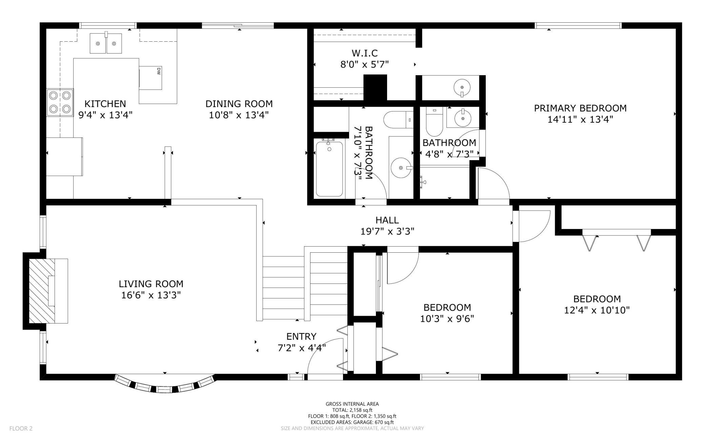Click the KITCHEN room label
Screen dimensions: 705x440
(x=105, y=104)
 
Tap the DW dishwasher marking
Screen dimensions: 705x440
(x=158, y=71)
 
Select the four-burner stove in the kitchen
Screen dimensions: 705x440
(x=60, y=102)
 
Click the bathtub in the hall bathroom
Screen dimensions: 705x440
(x=329, y=169)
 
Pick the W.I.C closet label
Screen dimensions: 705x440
(x=364, y=53)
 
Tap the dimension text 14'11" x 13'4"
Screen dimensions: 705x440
(x=580, y=120)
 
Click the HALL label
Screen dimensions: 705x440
(x=387, y=220)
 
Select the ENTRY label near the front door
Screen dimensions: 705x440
(x=301, y=336)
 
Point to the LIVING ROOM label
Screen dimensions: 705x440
(x=151, y=284)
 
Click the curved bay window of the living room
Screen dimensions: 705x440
(x=165, y=385)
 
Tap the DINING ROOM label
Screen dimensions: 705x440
(x=239, y=104)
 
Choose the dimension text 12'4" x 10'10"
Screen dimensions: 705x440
(x=597, y=310)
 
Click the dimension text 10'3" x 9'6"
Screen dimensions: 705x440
(x=447, y=319)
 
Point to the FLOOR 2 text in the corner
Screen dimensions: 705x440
(x=21, y=428)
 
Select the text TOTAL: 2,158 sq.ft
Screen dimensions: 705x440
(x=352, y=410)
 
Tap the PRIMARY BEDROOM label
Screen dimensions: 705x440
(x=580, y=108)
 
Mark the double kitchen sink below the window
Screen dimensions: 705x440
(x=106, y=43)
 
